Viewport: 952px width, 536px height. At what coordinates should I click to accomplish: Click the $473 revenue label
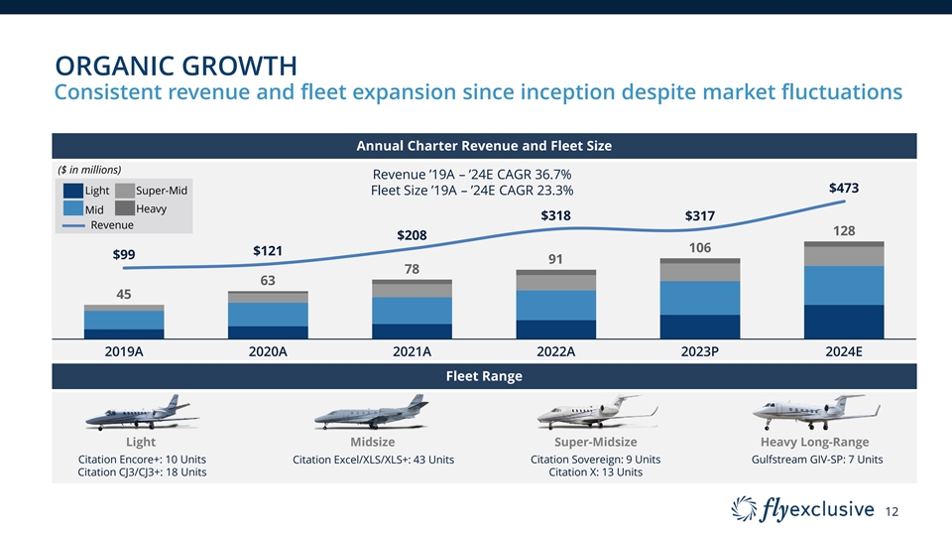coord(843,188)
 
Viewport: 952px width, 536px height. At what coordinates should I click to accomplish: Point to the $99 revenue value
coord(124,255)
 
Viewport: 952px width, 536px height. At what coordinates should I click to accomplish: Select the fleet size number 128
coord(844,230)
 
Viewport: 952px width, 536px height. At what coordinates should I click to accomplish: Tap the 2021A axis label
coord(411,351)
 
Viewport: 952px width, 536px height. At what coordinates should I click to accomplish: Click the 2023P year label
coord(698,351)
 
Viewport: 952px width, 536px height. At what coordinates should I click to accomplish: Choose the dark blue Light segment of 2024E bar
coord(844,322)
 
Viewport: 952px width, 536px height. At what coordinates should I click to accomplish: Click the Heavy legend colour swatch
coord(124,208)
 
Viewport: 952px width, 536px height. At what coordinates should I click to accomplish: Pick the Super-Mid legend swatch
coord(124,191)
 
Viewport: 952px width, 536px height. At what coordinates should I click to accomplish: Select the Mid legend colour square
coord(72,209)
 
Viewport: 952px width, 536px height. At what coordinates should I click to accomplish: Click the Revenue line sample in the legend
coord(74,225)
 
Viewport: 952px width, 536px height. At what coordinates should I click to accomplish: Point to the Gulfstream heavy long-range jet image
coord(815,410)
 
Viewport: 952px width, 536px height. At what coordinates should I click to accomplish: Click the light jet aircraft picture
coord(139,412)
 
